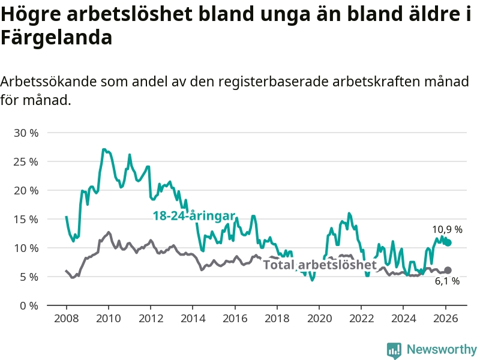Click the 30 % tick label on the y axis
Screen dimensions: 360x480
[26, 133]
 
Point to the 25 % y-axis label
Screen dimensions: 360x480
[26, 161]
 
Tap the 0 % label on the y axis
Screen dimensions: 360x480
[29, 305]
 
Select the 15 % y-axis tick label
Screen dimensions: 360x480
[26, 219]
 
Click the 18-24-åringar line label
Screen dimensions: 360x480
[193, 216]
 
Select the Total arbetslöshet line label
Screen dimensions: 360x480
[320, 265]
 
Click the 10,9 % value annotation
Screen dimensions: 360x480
[448, 229]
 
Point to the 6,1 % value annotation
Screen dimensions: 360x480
[448, 281]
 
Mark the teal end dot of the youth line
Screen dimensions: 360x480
[448, 243]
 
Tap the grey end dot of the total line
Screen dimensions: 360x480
[448, 271]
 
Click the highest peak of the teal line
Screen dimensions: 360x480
[104, 149]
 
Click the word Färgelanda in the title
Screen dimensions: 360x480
[56, 38]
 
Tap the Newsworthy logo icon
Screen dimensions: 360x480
[394, 350]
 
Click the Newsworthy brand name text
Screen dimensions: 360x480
[442, 349]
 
